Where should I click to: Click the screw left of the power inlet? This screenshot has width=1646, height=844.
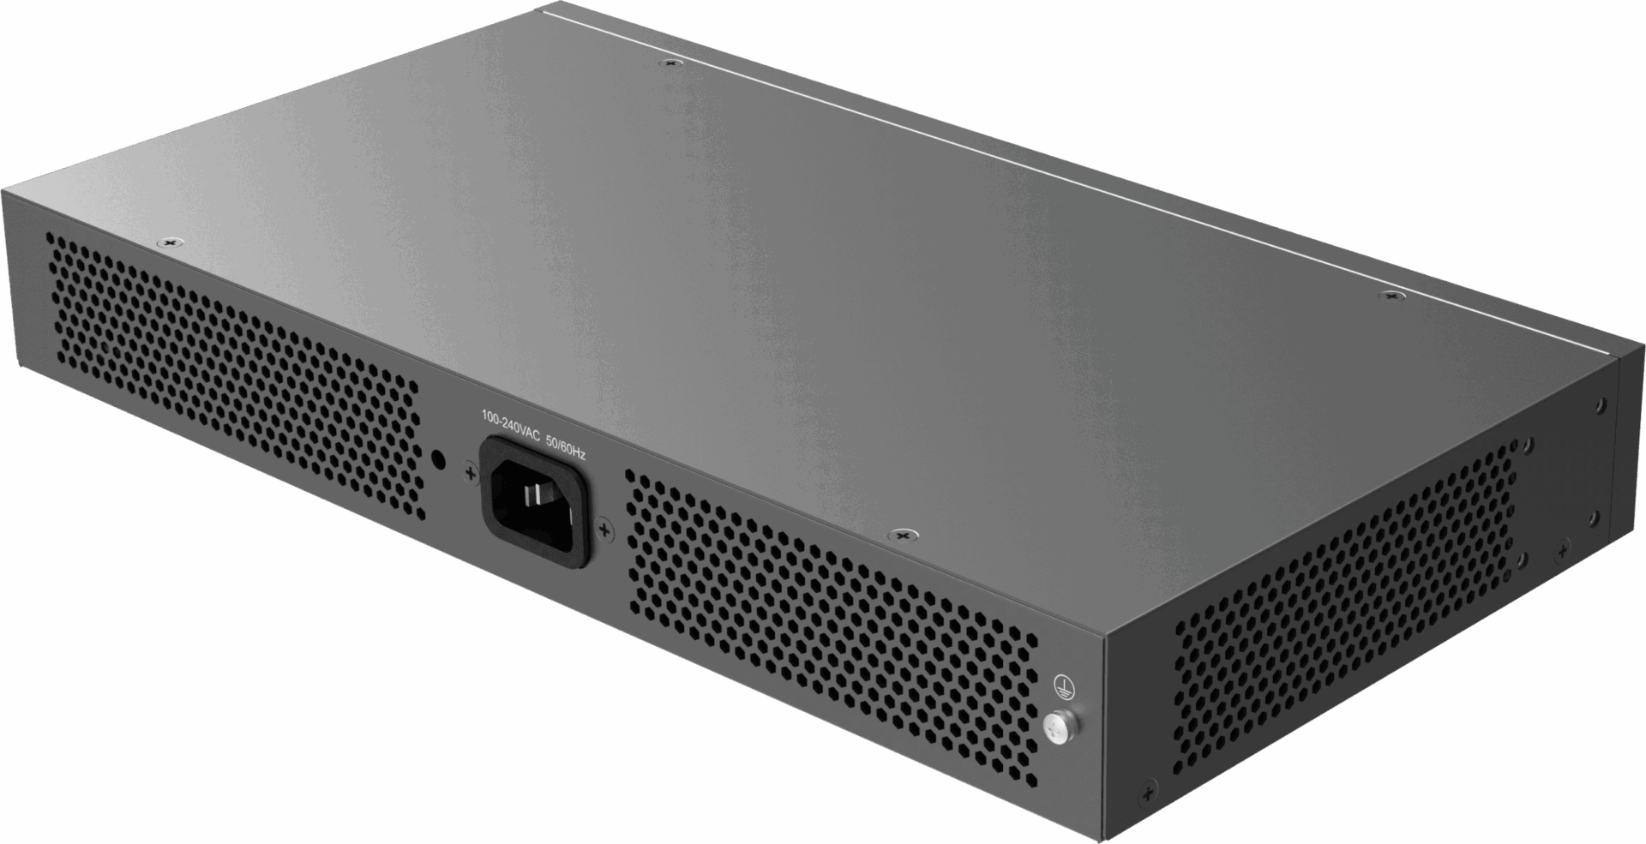click(x=470, y=473)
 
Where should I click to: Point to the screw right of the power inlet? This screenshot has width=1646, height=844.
click(x=604, y=530)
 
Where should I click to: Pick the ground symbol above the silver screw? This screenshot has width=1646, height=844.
click(x=1063, y=685)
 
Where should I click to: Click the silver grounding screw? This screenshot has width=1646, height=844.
click(x=1059, y=727)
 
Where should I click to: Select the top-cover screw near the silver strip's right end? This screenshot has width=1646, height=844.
click(x=1390, y=296)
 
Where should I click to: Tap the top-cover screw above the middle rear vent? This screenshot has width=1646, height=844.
click(x=899, y=536)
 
